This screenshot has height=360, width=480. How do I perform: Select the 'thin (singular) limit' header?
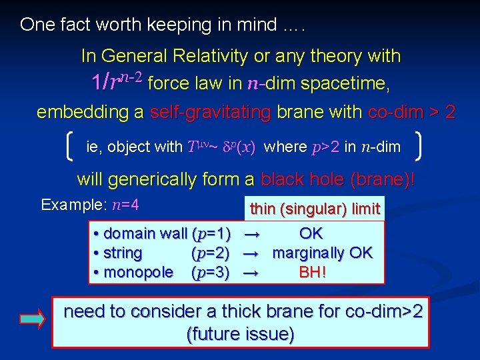click(x=315, y=209)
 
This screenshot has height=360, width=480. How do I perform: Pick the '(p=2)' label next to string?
click(x=211, y=253)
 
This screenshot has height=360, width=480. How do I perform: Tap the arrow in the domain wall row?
click(x=251, y=234)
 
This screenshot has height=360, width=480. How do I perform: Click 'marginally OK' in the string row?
click(x=323, y=253)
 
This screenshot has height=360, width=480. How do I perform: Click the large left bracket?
click(x=71, y=146)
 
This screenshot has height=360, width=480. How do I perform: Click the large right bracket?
click(x=418, y=146)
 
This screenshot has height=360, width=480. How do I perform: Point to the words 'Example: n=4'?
click(x=89, y=205)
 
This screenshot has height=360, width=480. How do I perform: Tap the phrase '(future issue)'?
click(x=241, y=333)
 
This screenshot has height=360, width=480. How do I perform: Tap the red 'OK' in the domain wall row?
click(x=311, y=233)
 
